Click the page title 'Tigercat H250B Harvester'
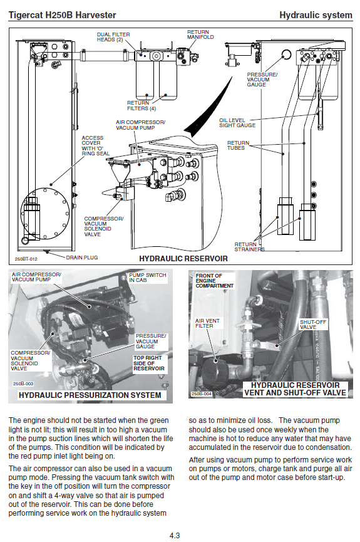coord(62,15)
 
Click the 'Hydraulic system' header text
coord(316,15)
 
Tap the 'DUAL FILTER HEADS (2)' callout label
coord(113,37)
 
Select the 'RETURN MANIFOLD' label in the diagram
coord(200,34)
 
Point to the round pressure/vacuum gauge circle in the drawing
coord(286,55)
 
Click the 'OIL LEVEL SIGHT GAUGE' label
coord(237,123)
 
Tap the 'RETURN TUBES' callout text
coord(238,145)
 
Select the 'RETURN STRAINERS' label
coord(249,247)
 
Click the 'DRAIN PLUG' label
coord(82,258)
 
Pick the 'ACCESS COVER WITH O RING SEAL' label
coord(95,145)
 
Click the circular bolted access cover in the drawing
coord(45,214)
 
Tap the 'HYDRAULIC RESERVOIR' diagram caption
coord(183,259)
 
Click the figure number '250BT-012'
coord(26,259)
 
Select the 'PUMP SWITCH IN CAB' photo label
coord(148,278)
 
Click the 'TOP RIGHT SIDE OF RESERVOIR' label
coord(149,363)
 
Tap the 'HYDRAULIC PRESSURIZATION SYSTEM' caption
coord(90,395)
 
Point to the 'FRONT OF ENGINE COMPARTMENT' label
coord(215,281)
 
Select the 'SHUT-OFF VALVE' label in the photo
coord(313,324)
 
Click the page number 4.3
coord(175,536)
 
